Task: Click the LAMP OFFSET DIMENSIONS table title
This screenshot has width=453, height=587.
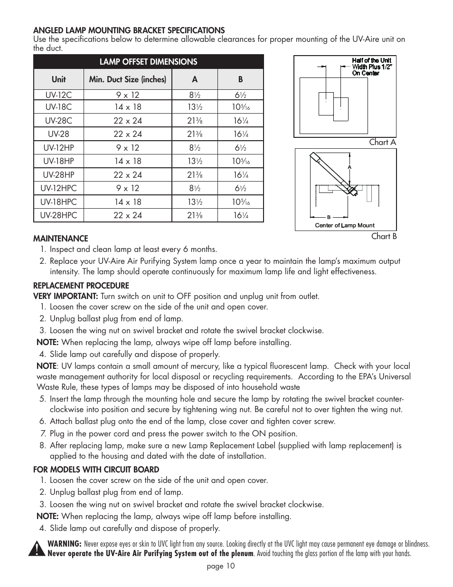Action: [x=148, y=62]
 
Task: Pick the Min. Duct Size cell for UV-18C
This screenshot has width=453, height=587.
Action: [x=128, y=107]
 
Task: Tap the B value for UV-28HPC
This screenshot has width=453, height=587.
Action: [x=241, y=215]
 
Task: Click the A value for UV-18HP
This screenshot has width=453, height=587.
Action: [x=195, y=162]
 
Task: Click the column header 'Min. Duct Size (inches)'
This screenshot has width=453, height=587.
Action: [x=128, y=79]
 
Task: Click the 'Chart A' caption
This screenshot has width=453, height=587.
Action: [x=382, y=142]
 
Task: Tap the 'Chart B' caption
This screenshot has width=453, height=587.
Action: [x=384, y=236]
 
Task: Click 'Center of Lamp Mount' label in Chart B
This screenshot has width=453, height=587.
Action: [x=345, y=225]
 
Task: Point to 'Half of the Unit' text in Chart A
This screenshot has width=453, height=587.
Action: [x=371, y=60]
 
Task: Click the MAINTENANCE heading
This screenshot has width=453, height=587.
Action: [x=60, y=239]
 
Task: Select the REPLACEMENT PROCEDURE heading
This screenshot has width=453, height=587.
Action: [x=81, y=286]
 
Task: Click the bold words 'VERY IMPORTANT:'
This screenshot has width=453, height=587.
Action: [x=66, y=296]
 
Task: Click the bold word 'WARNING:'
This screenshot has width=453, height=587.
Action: [x=65, y=544]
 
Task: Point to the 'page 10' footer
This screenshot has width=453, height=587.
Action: [x=220, y=566]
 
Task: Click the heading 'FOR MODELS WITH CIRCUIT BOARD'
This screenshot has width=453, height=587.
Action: [x=96, y=470]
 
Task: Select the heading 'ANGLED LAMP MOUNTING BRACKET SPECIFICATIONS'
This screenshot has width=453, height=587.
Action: [x=129, y=30]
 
